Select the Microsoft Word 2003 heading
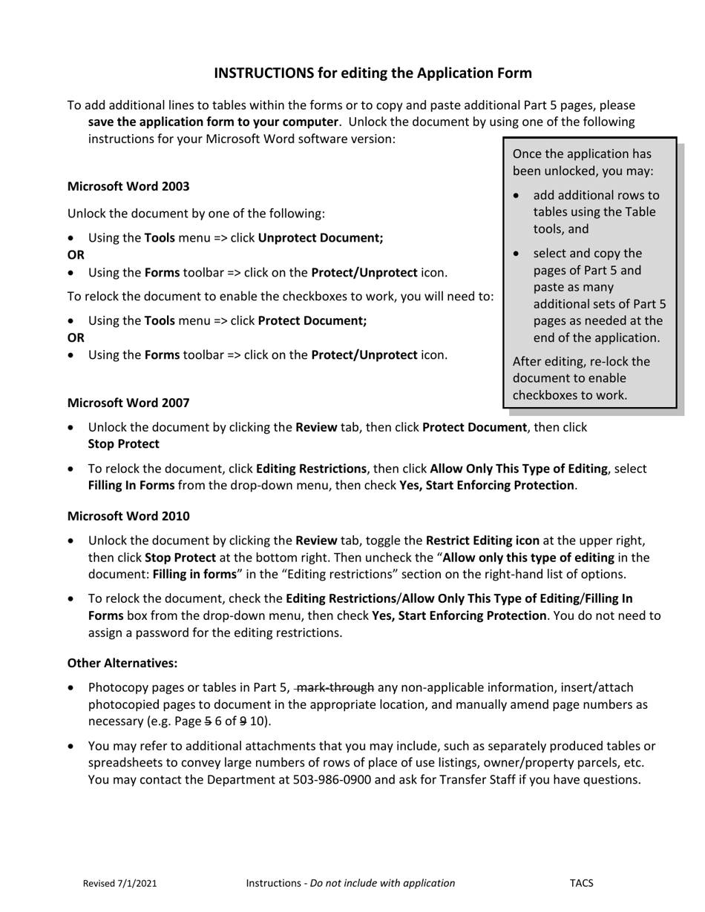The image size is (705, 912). coord(128,186)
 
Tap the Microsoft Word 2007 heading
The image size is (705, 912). coord(128,403)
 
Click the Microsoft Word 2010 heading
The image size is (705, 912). coord(128,515)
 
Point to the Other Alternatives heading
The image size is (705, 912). coord(122,662)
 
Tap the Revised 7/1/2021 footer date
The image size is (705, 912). coord(119,883)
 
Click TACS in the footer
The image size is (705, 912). coord(581,883)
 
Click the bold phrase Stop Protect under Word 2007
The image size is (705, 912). coord(123,444)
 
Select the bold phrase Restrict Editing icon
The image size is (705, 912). coord(482,541)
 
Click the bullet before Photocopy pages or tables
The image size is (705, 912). coord(71,688)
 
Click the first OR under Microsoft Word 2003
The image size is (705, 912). coord(76,255)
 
